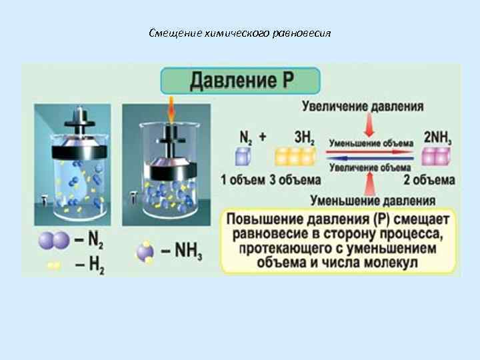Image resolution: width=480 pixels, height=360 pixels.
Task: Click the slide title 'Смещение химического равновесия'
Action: tap(240, 33)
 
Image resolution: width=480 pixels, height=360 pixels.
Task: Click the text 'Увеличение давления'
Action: tap(363, 106)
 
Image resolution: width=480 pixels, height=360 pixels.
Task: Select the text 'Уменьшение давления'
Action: tap(373, 199)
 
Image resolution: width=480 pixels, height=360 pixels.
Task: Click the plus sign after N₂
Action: tap(263, 137)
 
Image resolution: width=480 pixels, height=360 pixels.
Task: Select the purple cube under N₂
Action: tap(241, 157)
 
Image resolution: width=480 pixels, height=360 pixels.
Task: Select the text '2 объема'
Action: tap(429, 180)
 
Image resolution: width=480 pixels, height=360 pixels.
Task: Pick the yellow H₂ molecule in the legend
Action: tap(54, 265)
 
